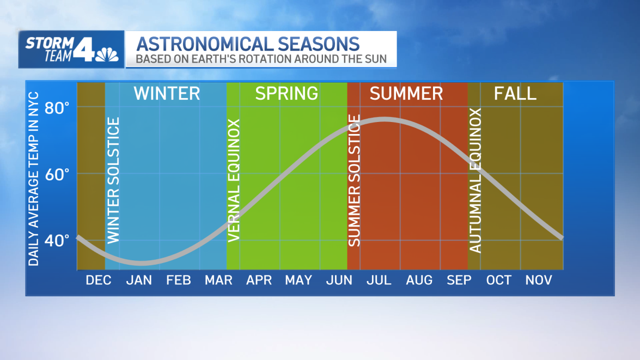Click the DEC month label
(x=99, y=280)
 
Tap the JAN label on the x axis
(x=139, y=280)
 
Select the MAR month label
(x=218, y=280)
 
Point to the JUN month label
(x=339, y=280)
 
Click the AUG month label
(x=419, y=280)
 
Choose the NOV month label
(x=539, y=280)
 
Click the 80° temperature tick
(x=57, y=108)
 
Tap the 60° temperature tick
(x=57, y=174)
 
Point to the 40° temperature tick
(x=57, y=240)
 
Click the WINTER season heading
(x=167, y=93)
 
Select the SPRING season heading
(x=287, y=93)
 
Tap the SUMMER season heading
(x=406, y=93)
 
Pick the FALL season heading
(x=515, y=93)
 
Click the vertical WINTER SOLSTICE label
(x=113, y=180)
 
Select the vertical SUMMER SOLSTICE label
(x=354, y=180)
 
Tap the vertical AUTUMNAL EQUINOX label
(x=476, y=180)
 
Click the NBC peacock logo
(x=107, y=54)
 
